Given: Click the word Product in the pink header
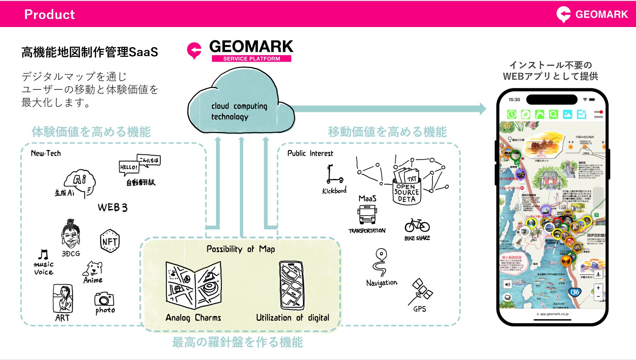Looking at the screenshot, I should pos(50,14).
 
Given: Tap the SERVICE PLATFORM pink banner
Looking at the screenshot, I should pos(251,59).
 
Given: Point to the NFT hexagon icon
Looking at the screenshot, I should pos(110,241).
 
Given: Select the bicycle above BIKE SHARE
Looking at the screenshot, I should pos(417,226).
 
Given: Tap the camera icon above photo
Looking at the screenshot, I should pos(104,299).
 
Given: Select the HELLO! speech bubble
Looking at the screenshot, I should pos(129,167).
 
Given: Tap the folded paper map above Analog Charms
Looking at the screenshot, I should pos(193,286).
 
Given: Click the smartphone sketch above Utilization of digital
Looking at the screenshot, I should pos(292,286).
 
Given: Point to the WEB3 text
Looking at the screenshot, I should pos(113,208).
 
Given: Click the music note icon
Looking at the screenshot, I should pos(43,255).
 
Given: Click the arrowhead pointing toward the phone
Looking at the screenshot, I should pos(483,108).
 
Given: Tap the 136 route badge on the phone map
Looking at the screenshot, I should pos(574,292).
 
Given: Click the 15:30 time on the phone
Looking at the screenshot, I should pos(514,100).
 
